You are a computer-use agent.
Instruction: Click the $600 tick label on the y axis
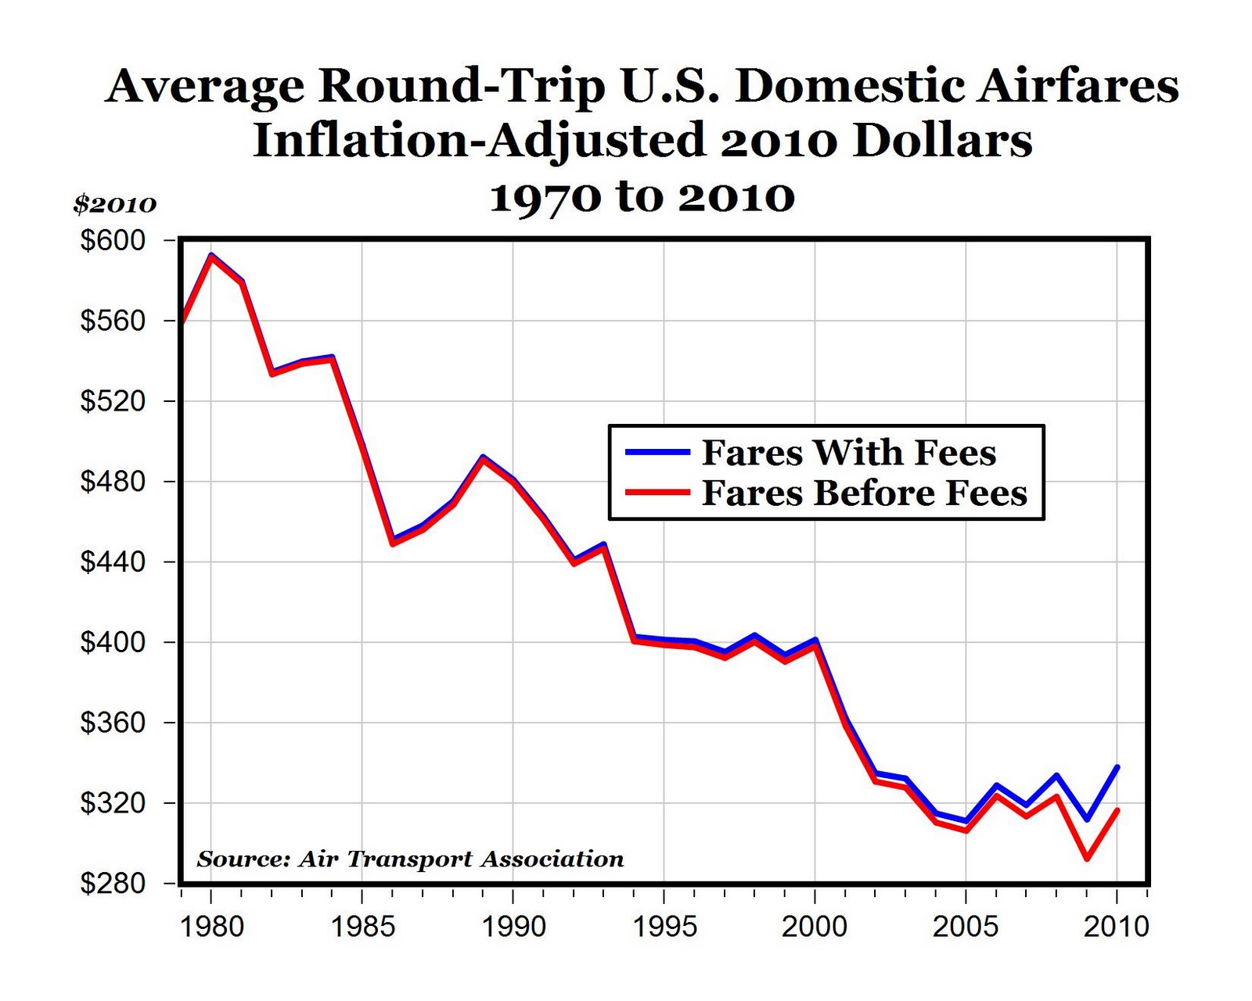(x=113, y=240)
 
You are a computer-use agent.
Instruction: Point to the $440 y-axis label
(x=113, y=561)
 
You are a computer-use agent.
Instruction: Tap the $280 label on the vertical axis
(x=113, y=884)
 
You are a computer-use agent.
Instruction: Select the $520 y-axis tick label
(x=113, y=401)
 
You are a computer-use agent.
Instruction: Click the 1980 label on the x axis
(x=211, y=927)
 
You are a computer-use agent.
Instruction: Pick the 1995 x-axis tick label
(x=664, y=927)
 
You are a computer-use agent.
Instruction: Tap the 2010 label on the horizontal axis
(x=1117, y=927)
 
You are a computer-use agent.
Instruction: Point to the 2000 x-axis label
(x=815, y=927)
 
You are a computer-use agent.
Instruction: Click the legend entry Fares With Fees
(x=849, y=453)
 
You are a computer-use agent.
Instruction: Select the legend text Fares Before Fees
(x=864, y=493)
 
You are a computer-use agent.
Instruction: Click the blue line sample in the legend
(x=657, y=452)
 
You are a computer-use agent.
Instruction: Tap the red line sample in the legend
(x=657, y=493)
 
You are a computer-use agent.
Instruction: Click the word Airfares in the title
(x=1078, y=85)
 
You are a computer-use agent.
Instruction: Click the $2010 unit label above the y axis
(x=115, y=204)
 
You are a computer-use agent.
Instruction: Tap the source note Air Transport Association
(x=410, y=859)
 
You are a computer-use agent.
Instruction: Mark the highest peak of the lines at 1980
(x=211, y=255)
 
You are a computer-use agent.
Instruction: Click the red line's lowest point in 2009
(x=1087, y=859)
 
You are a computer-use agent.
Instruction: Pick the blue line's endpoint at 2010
(x=1117, y=767)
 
